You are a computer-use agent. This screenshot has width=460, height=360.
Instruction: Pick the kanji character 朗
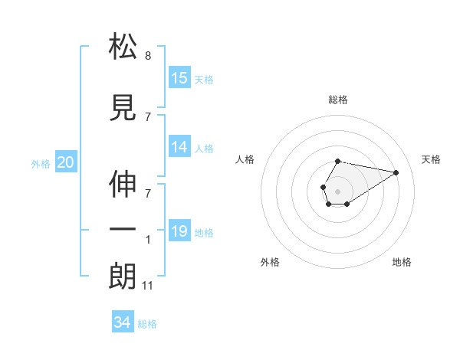click(x=123, y=276)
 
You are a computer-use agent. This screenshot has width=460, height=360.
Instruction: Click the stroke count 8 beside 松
click(x=148, y=55)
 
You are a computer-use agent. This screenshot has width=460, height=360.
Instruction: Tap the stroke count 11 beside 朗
click(x=149, y=286)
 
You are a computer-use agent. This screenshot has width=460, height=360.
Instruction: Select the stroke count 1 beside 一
click(x=148, y=239)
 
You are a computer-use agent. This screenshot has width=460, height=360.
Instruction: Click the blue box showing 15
click(x=179, y=78)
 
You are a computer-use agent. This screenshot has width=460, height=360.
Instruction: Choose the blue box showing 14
click(x=179, y=148)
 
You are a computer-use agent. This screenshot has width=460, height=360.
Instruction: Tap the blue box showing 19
click(x=179, y=232)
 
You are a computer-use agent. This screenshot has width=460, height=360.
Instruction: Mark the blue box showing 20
click(x=65, y=162)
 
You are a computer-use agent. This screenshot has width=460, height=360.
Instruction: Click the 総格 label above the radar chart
click(x=338, y=100)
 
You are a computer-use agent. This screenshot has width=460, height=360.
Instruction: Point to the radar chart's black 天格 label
click(x=432, y=159)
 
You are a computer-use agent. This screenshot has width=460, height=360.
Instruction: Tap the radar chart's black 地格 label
click(x=402, y=262)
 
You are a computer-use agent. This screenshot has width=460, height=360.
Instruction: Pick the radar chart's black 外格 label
click(x=270, y=262)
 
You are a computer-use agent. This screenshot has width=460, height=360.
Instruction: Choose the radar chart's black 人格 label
click(x=245, y=159)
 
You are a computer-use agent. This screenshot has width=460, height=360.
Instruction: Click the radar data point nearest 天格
click(x=396, y=172)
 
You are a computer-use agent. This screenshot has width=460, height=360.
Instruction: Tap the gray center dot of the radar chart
click(x=338, y=191)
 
